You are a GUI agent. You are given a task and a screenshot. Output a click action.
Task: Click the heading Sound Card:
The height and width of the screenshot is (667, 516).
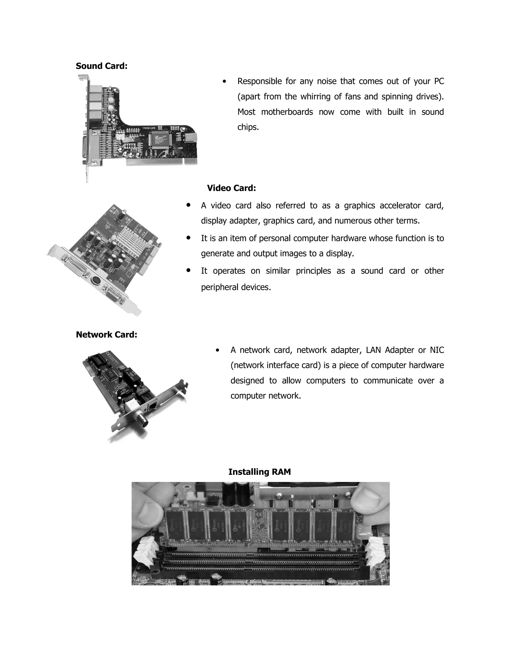tap(102, 66)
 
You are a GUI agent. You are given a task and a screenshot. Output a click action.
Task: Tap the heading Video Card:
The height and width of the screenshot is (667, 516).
tap(231, 188)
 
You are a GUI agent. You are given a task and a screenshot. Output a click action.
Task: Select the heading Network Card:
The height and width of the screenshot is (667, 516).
tap(106, 335)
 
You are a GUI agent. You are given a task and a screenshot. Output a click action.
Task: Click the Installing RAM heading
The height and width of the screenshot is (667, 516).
tap(260, 472)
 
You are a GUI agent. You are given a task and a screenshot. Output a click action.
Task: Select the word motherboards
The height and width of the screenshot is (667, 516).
tap(287, 112)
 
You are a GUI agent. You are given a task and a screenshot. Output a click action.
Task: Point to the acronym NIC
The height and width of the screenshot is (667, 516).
tap(437, 350)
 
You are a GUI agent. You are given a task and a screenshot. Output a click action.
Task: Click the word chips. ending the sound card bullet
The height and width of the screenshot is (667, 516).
tap(248, 127)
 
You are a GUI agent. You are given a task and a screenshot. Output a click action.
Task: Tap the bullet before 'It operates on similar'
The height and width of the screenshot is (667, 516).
tap(188, 270)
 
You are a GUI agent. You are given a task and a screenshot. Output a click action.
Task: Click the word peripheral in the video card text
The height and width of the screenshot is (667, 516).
tap(220, 287)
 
